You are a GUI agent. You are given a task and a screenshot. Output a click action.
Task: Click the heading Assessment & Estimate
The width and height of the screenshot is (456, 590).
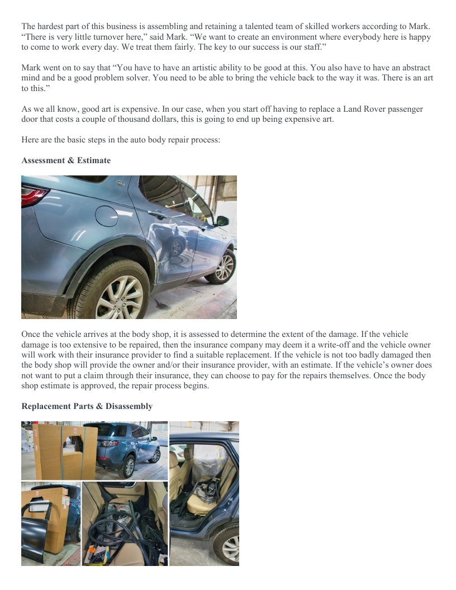pos(66,160)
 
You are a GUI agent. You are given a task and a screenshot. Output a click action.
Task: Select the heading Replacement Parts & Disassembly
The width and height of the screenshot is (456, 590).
pos(87,406)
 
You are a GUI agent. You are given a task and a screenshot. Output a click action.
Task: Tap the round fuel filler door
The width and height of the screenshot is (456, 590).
pos(107,216)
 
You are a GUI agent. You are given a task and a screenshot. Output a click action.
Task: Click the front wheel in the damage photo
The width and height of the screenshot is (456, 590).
pos(222,267)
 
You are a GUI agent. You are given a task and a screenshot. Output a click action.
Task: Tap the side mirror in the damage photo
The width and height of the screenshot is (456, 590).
pos(222,221)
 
